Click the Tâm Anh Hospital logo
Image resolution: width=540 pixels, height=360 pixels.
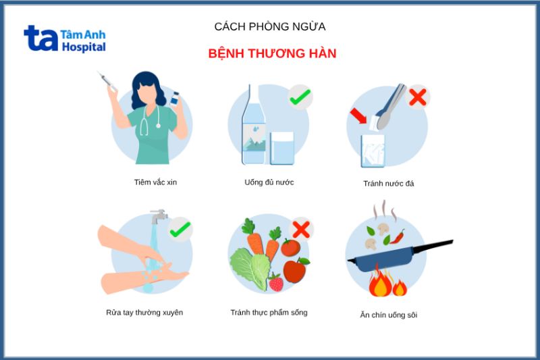tap(65, 38)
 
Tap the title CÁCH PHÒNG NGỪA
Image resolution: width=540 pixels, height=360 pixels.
tap(270, 27)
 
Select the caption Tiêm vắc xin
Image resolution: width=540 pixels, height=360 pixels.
tap(155, 182)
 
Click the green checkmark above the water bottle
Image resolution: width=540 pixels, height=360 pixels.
tap(299, 97)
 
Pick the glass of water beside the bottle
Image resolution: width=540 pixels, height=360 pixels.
tap(282, 149)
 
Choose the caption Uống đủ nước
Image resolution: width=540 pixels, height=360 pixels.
tap(269, 182)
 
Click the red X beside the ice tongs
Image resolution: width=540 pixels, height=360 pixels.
tap(418, 97)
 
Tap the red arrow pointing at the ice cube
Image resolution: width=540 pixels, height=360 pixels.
tap(358, 117)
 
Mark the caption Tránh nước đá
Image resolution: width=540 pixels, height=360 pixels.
tap(388, 184)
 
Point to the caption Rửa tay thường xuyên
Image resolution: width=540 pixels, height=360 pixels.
tap(144, 313)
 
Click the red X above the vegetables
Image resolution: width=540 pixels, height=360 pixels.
tap(300, 230)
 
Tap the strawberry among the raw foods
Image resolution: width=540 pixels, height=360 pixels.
tap(275, 282)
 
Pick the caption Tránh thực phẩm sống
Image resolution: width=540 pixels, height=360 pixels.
tap(269, 313)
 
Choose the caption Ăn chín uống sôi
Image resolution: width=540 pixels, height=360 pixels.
tap(388, 315)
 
